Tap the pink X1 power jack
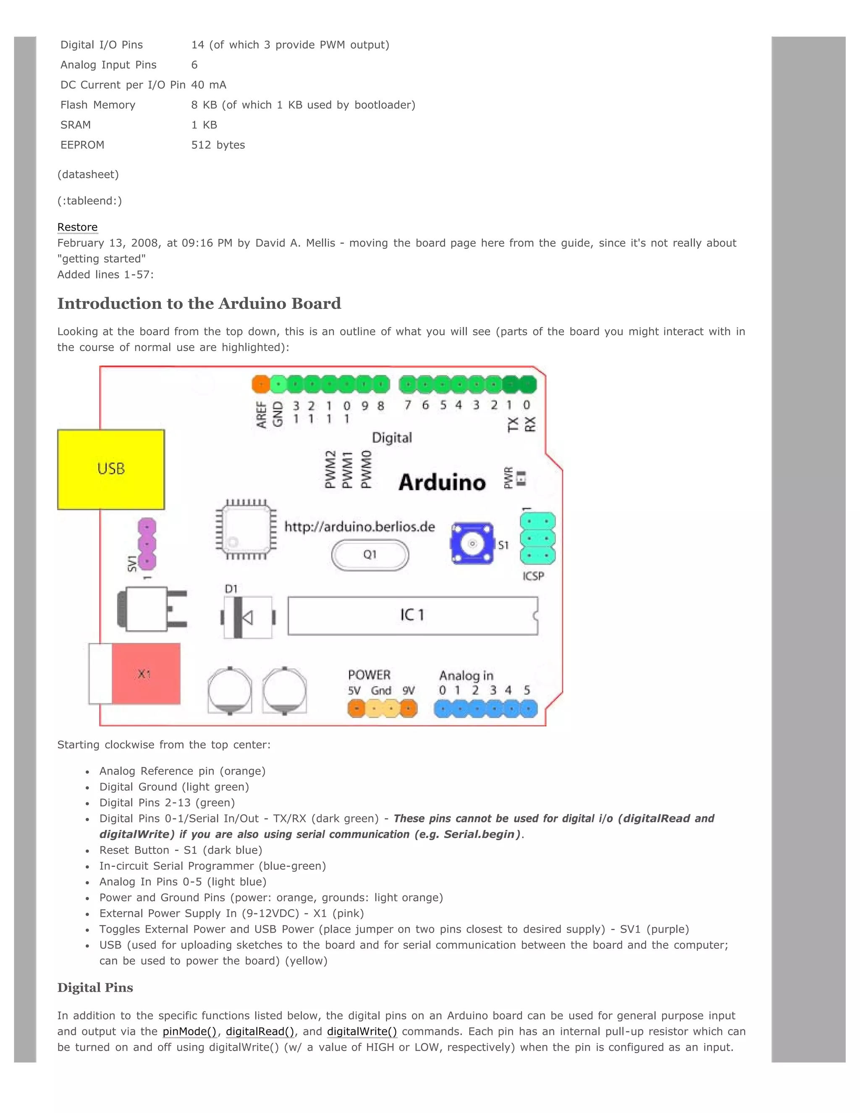(x=145, y=674)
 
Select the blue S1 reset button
(x=472, y=543)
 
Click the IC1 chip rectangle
(x=412, y=615)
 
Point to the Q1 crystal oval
(x=370, y=554)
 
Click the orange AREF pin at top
(x=261, y=384)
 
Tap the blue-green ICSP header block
(x=537, y=539)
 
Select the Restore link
(x=77, y=227)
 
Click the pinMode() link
(x=189, y=1032)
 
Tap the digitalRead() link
(x=260, y=1032)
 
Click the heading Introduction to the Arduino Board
(x=199, y=304)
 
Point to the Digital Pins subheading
(x=95, y=988)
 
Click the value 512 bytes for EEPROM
(x=218, y=145)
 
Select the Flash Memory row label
(x=98, y=105)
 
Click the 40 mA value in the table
(x=208, y=85)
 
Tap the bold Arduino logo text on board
(x=442, y=483)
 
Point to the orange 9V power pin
(x=408, y=709)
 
